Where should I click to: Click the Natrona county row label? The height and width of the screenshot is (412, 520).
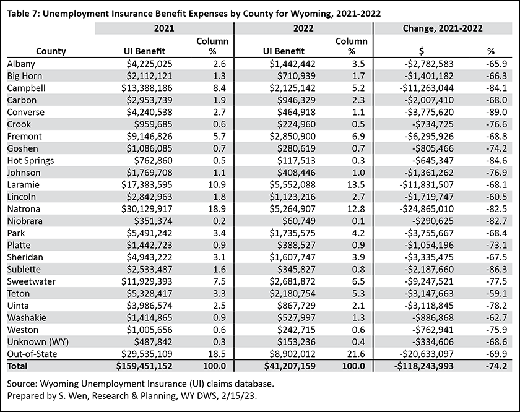tap(24, 209)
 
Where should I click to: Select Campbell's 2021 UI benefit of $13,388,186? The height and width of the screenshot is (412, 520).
tap(147, 88)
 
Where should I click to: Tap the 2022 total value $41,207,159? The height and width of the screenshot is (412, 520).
tap(290, 366)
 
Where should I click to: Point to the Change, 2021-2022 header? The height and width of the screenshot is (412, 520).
tap(443, 28)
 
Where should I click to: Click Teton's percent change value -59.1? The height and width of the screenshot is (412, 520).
tap(496, 294)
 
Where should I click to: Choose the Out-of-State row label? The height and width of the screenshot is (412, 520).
tap(32, 354)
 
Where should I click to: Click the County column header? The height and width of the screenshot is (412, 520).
tap(51, 51)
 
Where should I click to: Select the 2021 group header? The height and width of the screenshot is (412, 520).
tap(164, 28)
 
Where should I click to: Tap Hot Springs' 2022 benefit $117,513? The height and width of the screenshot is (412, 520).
tap(297, 161)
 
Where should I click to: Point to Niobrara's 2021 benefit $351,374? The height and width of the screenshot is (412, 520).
tap(154, 221)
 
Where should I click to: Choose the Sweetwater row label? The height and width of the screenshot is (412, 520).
tap(31, 281)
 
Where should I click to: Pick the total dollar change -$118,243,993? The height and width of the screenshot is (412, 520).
tap(423, 366)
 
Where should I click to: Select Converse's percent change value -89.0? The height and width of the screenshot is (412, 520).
tap(496, 113)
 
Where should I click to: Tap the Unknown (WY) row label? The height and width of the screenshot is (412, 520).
tap(38, 342)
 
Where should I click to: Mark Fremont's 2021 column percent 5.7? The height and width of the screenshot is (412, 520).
tap(219, 137)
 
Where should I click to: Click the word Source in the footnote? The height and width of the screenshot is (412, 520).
tap(22, 384)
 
